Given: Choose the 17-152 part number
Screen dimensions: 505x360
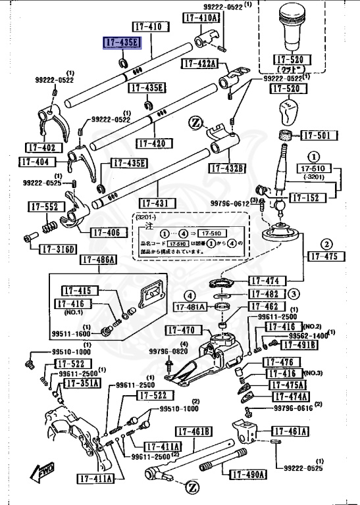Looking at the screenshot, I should click(x=306, y=197).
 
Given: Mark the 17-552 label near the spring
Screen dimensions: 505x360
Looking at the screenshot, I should click(x=44, y=206).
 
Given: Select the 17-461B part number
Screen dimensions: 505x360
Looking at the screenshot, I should click(x=193, y=431).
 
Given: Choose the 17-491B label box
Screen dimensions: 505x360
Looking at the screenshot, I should click(x=299, y=345).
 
